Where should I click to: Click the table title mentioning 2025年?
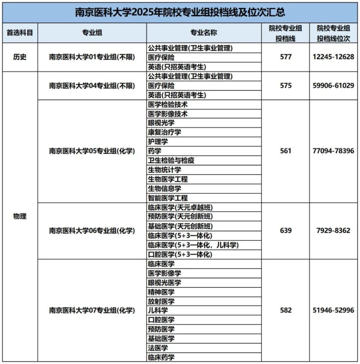click(x=180, y=12)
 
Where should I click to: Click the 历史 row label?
click(x=19, y=57)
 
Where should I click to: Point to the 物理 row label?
click(x=19, y=217)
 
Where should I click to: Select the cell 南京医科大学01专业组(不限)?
click(x=92, y=57)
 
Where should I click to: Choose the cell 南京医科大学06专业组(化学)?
click(x=92, y=231)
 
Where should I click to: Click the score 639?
click(x=285, y=231)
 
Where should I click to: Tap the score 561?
click(x=285, y=151)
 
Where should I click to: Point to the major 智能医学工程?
click(x=168, y=197)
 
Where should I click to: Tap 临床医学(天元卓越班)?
click(x=177, y=208)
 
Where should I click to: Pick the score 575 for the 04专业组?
click(x=285, y=85)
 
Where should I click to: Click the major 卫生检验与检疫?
click(x=171, y=160)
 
